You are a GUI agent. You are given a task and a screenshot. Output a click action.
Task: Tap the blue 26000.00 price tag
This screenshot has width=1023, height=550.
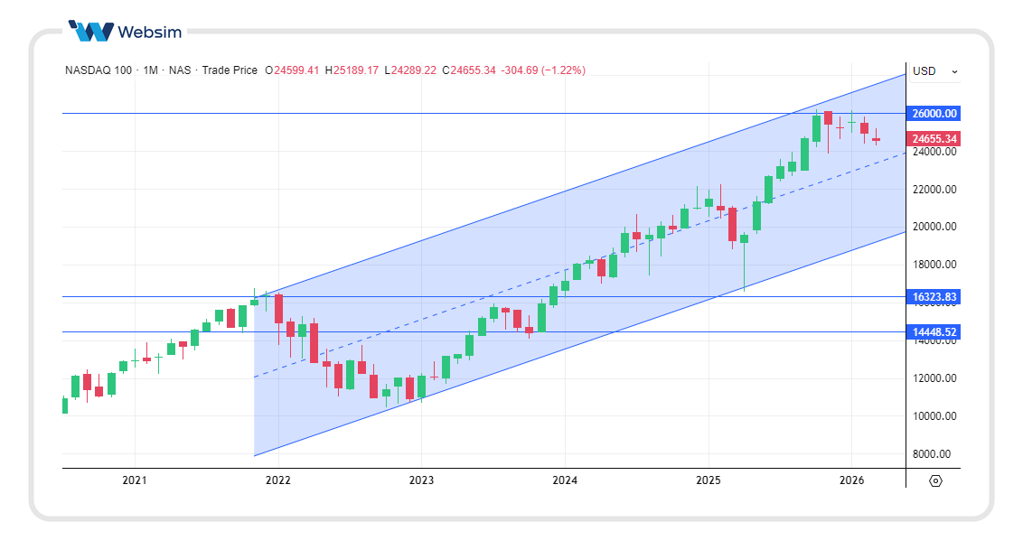pos(934,114)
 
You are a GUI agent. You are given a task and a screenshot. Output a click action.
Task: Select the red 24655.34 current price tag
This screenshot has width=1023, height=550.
pos(934,139)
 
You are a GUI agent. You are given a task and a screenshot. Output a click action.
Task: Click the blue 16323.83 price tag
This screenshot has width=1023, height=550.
pos(934,297)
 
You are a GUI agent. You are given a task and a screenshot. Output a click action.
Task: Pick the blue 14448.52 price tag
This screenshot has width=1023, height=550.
pos(934,332)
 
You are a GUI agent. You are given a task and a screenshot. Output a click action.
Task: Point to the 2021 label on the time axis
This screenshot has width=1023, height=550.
pos(135,480)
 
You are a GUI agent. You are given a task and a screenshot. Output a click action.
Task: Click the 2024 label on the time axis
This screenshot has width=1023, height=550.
pos(565,480)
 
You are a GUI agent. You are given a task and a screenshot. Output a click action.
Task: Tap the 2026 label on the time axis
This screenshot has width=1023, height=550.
pos(852,480)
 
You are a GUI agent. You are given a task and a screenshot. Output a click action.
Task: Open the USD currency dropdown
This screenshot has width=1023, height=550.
pos(934,71)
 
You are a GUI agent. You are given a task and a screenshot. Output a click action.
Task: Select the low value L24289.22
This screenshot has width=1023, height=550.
pos(410,70)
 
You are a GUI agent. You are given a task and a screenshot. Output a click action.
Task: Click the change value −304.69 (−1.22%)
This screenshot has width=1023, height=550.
pos(543,70)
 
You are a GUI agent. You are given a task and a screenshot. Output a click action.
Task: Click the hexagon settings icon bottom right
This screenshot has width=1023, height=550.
pos(935,481)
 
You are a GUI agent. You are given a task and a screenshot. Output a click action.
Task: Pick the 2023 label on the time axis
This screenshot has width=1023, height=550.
pos(421,480)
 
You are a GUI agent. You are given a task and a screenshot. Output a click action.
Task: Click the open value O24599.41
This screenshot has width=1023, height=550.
pos(292,70)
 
